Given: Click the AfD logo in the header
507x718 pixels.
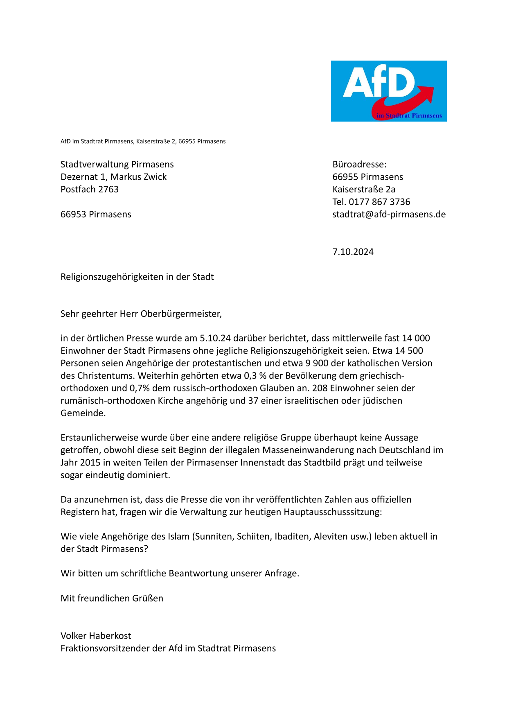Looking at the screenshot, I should [x=388, y=91].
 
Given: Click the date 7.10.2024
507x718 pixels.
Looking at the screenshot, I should [x=353, y=252].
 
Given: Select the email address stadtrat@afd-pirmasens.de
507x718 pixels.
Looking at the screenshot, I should [x=389, y=214].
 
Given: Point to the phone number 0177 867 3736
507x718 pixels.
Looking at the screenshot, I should [x=379, y=202].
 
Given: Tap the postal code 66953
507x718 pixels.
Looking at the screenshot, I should [x=74, y=214].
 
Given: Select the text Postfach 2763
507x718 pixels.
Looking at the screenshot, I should [x=90, y=190].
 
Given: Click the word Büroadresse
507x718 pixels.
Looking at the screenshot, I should [x=359, y=165].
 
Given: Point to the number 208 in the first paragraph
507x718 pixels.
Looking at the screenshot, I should [x=320, y=388].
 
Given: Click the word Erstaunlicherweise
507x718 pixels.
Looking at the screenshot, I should [x=100, y=438].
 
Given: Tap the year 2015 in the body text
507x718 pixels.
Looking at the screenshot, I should [x=89, y=463].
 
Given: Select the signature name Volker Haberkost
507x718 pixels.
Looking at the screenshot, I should [x=96, y=636].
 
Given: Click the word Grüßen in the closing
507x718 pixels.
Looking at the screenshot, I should [x=147, y=598].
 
